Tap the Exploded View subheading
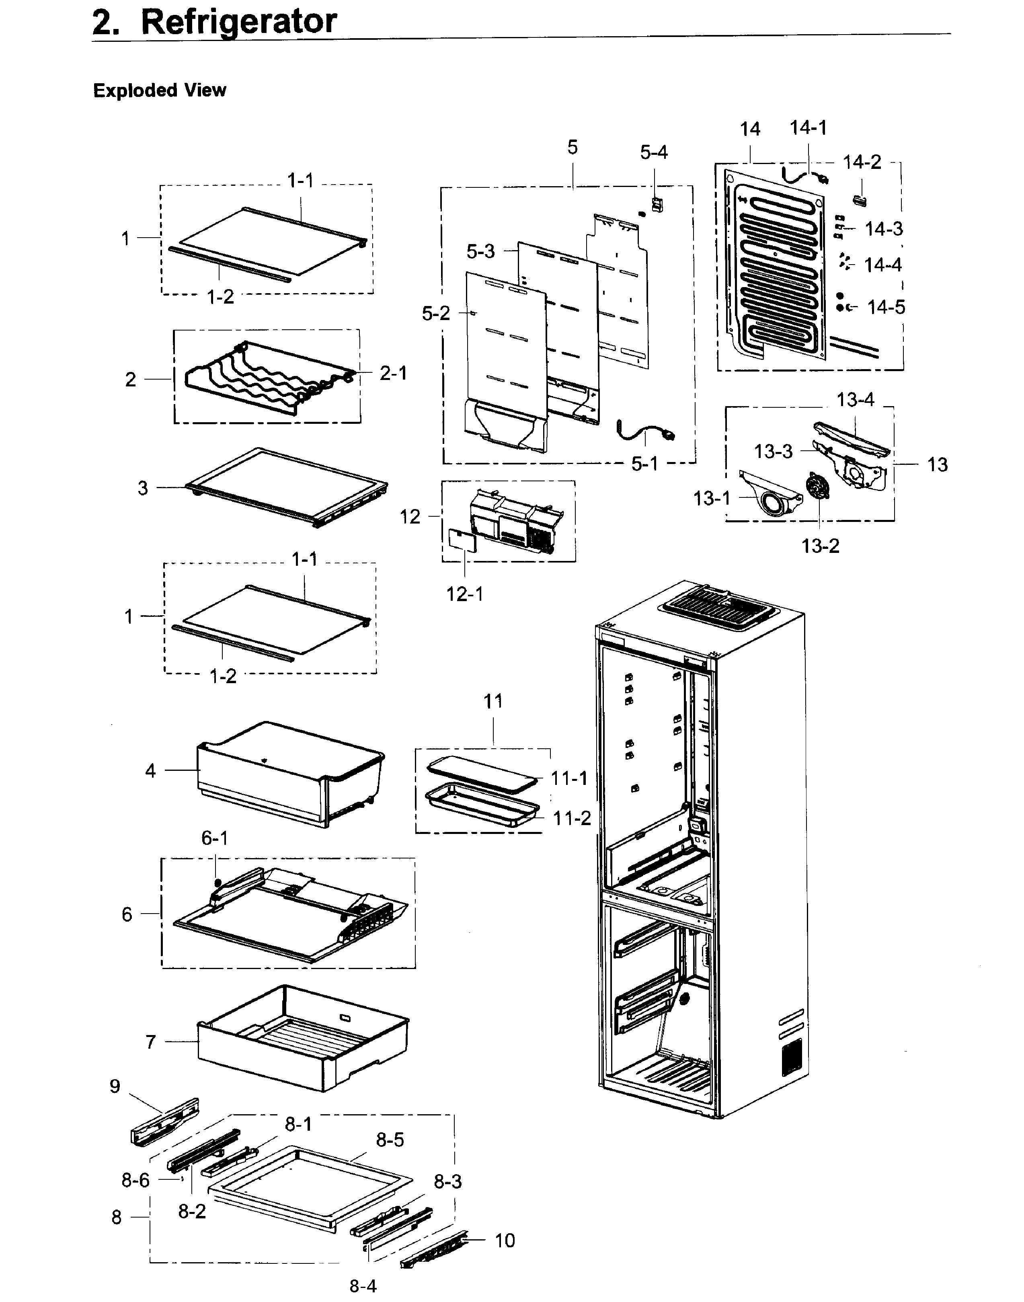pyautogui.click(x=160, y=90)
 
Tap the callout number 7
pyautogui.click(x=150, y=1042)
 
